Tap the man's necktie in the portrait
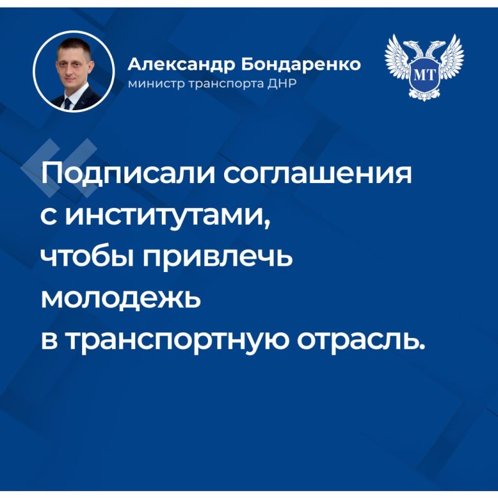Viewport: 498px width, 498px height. click(x=67, y=101)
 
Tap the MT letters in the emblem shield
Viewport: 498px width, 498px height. click(x=424, y=73)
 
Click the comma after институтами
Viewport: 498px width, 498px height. click(x=268, y=226)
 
